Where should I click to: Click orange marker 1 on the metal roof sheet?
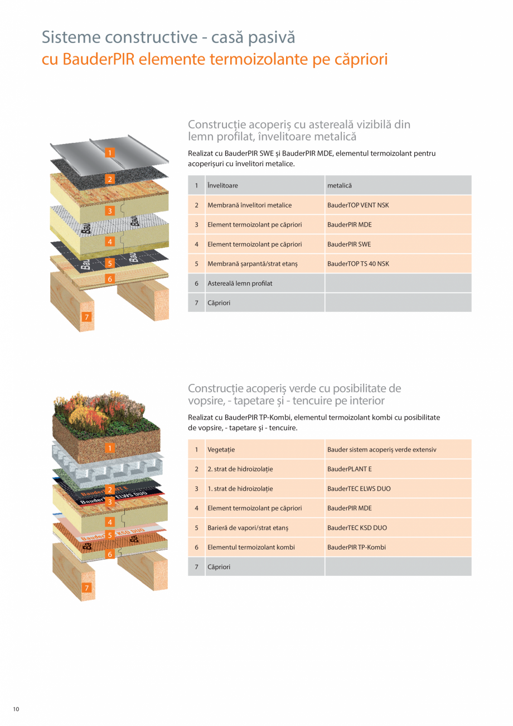[x=110, y=152]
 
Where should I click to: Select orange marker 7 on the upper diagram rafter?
[x=86, y=317]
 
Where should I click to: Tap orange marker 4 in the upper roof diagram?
[x=110, y=242]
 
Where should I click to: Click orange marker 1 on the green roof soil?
[x=110, y=448]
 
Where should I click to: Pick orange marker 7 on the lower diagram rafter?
[x=86, y=588]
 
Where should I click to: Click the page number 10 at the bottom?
[x=16, y=709]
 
